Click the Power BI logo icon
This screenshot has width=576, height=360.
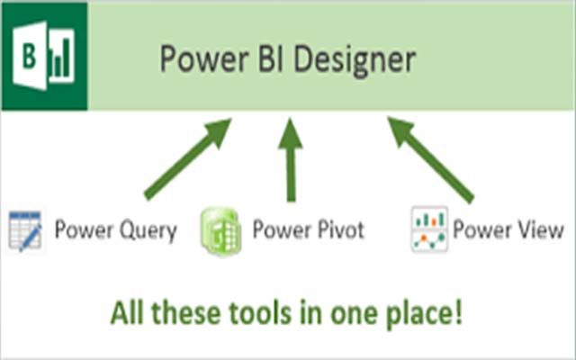click(x=44, y=56)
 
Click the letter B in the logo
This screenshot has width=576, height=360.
click(x=29, y=56)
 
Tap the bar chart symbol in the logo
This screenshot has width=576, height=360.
click(x=61, y=58)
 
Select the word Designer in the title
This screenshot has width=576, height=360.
click(x=355, y=60)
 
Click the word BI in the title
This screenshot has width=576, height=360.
click(x=270, y=58)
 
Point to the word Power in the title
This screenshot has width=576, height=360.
click(x=204, y=58)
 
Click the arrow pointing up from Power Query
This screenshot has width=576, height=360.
click(x=187, y=158)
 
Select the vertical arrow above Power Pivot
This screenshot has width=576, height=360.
click(x=291, y=160)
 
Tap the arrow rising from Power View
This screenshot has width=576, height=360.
click(x=431, y=160)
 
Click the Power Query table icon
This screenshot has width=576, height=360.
click(x=25, y=231)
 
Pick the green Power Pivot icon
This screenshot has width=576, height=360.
click(x=221, y=231)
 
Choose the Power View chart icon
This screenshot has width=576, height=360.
click(x=429, y=229)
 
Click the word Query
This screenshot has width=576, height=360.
click(x=148, y=231)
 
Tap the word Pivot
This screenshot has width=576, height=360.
click(x=340, y=229)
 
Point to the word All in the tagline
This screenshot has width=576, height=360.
click(x=127, y=312)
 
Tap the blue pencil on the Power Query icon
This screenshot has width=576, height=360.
click(x=31, y=237)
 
